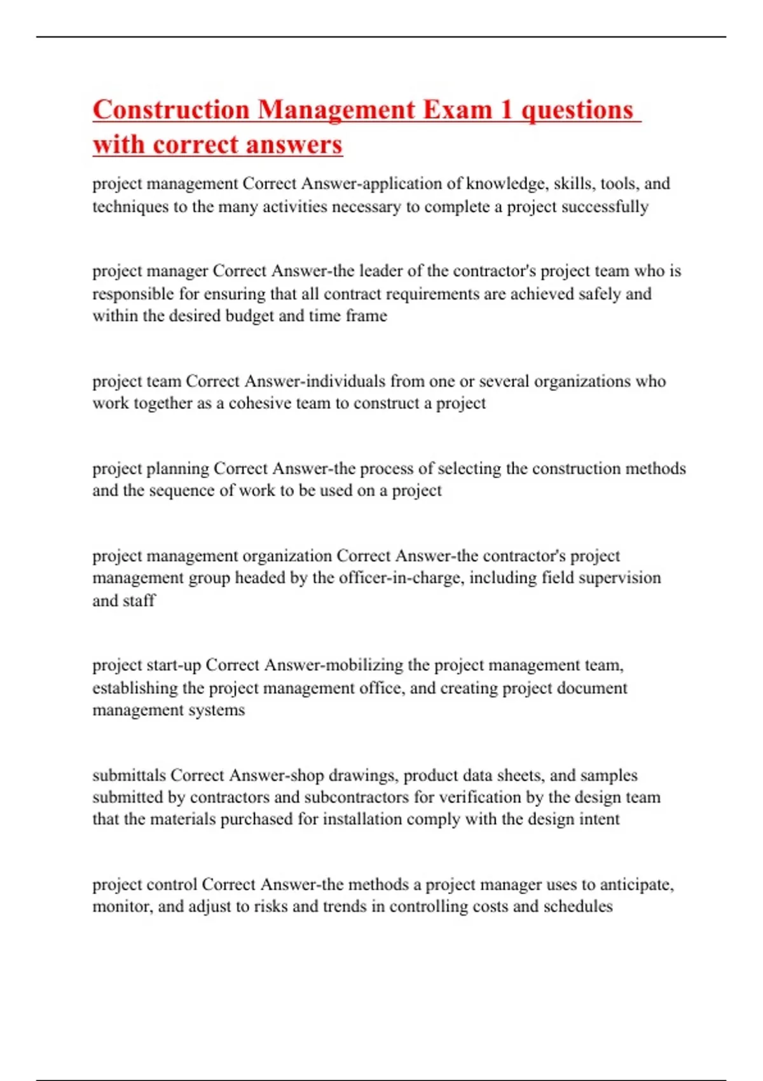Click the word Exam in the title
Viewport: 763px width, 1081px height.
pos(458,110)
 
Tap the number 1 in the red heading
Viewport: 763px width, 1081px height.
pos(506,110)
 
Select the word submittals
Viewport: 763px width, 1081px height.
pos(129,775)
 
